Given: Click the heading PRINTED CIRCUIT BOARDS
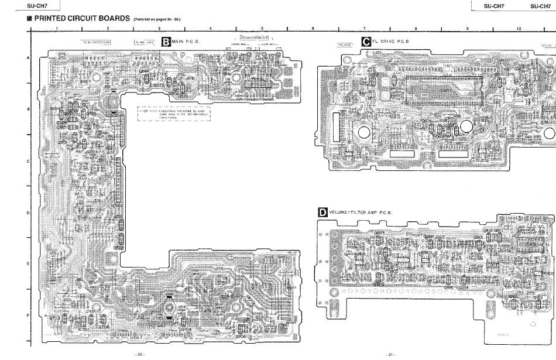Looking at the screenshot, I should [81, 18].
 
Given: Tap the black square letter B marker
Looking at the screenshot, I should [166, 42].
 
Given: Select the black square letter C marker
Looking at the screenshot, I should [366, 42].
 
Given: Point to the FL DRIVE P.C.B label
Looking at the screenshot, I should [390, 42].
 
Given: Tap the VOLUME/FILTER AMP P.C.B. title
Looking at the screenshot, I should [360, 212].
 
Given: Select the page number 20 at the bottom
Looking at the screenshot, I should [140, 355].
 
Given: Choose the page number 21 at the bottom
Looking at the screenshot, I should [390, 355].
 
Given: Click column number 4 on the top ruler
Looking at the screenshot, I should [210, 28].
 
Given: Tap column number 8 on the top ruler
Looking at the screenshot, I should [416, 28].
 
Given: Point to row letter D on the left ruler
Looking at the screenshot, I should [28, 212].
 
